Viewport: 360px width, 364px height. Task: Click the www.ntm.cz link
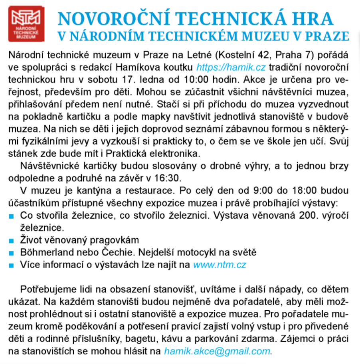click(x=219, y=264)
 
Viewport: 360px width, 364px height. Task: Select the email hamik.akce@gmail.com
click(x=217, y=351)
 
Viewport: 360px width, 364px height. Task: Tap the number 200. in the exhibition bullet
click(x=307, y=216)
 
